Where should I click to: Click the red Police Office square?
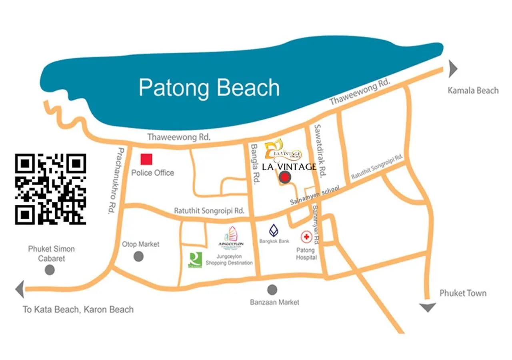click(x=146, y=159)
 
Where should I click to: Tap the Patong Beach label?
click(x=209, y=88)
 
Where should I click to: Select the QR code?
click(x=50, y=189)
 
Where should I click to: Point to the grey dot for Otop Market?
click(x=138, y=256)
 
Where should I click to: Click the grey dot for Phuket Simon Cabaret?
click(x=50, y=270)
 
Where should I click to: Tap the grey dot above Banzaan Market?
click(x=272, y=290)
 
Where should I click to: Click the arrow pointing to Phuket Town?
click(x=428, y=307)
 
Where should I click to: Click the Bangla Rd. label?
click(x=255, y=164)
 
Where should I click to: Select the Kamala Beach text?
click(x=473, y=90)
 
